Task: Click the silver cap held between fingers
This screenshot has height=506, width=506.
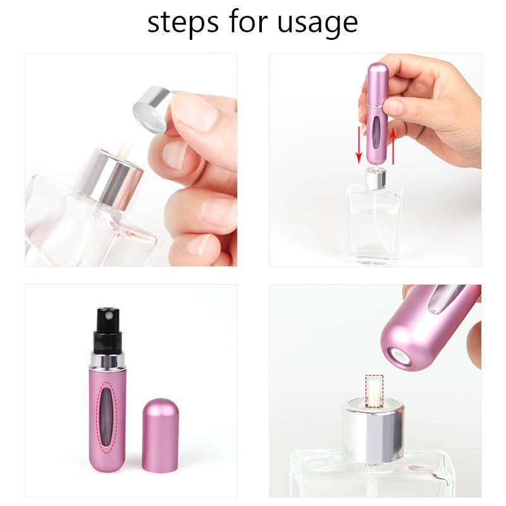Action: tap(152, 109)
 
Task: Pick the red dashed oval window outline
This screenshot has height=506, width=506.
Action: tap(109, 417)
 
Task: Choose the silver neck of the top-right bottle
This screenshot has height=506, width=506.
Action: tap(375, 179)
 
